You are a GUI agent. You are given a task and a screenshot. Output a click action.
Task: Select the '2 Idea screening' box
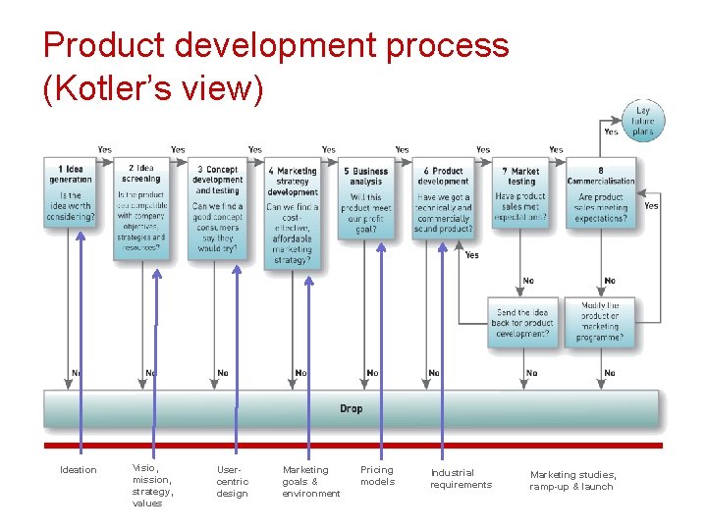click(x=142, y=209)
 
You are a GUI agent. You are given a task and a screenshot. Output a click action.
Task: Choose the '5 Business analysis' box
click(x=366, y=199)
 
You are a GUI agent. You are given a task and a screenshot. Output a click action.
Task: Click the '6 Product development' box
click(x=443, y=199)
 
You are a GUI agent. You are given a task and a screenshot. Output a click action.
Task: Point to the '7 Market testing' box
click(x=521, y=193)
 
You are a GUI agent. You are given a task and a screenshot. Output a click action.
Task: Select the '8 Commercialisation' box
click(x=601, y=193)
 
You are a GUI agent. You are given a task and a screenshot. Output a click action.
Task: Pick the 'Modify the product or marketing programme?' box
click(x=600, y=323)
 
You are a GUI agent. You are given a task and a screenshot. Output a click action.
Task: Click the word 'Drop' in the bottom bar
click(x=352, y=408)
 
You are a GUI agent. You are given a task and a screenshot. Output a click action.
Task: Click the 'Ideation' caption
click(x=79, y=470)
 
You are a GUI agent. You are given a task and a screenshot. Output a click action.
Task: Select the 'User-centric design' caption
click(x=233, y=482)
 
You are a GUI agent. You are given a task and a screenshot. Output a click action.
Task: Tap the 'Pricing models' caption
click(x=377, y=476)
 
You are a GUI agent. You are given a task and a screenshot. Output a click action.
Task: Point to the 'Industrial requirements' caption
click(x=461, y=479)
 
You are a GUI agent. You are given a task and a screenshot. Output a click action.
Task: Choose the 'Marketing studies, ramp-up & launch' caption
click(x=573, y=481)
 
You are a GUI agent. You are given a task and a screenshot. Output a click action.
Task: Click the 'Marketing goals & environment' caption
click(x=310, y=482)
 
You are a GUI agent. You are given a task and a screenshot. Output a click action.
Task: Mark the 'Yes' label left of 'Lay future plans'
click(x=611, y=132)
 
